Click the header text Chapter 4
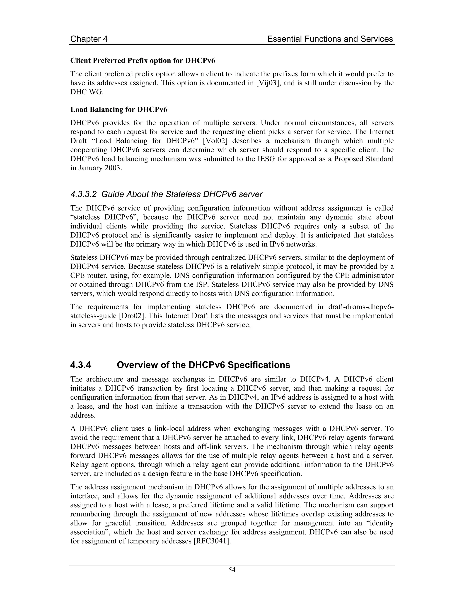pyautogui.click(x=89, y=39)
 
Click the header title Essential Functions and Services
pyautogui.click(x=330, y=39)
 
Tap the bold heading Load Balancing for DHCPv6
pyautogui.click(x=119, y=109)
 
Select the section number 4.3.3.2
pyautogui.click(x=84, y=194)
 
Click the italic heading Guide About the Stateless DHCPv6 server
pyautogui.click(x=182, y=194)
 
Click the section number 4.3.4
pyautogui.click(x=80, y=365)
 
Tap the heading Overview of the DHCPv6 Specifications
pyautogui.click(x=203, y=365)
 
